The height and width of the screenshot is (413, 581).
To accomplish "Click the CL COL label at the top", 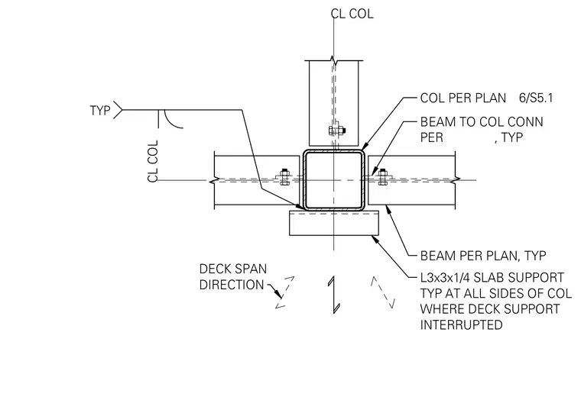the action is coord(352,14).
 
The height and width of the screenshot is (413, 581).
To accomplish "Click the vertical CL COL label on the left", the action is coord(153,161).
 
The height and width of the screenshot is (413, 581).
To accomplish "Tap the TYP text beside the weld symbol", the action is coord(100,110).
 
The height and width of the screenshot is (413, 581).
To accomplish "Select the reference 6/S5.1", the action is coord(536,98).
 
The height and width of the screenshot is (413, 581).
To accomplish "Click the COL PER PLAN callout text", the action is coord(463,98).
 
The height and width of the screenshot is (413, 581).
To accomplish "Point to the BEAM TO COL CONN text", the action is coord(482,121).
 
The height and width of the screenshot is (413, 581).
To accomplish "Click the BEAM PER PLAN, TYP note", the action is coord(483,255).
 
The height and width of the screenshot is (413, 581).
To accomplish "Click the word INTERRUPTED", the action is coord(461,324).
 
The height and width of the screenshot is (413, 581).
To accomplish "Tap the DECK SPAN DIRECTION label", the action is coord(232,277).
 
